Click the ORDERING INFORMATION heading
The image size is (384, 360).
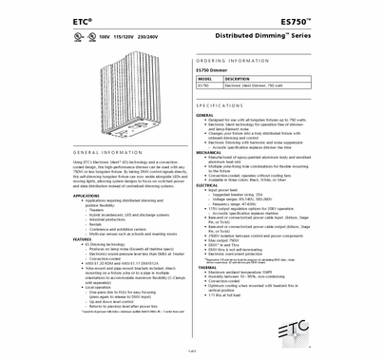point(233,59)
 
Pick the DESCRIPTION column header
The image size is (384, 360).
point(238,79)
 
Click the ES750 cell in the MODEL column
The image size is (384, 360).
point(203,86)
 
